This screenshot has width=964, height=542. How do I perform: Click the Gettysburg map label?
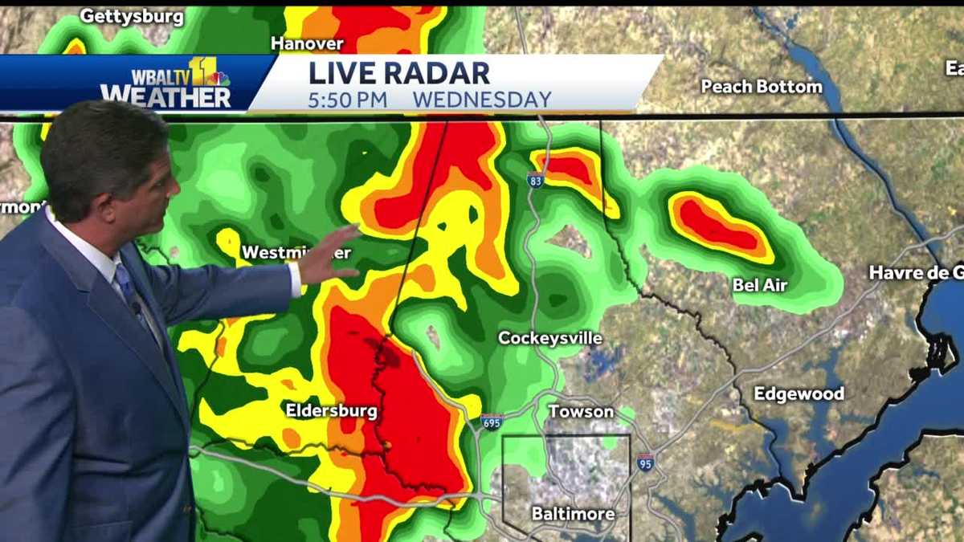click(x=132, y=17)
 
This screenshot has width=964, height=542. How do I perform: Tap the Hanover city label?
click(x=307, y=43)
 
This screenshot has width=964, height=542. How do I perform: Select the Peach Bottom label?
click(x=762, y=86)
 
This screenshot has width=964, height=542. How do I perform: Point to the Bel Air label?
click(x=760, y=284)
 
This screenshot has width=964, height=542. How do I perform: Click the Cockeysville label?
click(x=549, y=338)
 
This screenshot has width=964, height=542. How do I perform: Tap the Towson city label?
click(x=581, y=411)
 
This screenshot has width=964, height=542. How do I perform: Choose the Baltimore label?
click(x=573, y=514)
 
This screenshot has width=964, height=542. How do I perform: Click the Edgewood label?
click(x=799, y=393)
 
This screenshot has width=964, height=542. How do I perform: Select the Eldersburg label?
click(x=331, y=410)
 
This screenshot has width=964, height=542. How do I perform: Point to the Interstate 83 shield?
click(x=536, y=181)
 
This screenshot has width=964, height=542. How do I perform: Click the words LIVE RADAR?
click(x=399, y=73)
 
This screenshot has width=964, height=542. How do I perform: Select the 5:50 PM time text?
click(x=348, y=100)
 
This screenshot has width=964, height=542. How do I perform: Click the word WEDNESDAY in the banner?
click(x=482, y=100)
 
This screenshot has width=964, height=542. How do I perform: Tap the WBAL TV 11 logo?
click(x=167, y=83)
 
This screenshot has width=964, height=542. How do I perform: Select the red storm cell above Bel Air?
click(x=714, y=225)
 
